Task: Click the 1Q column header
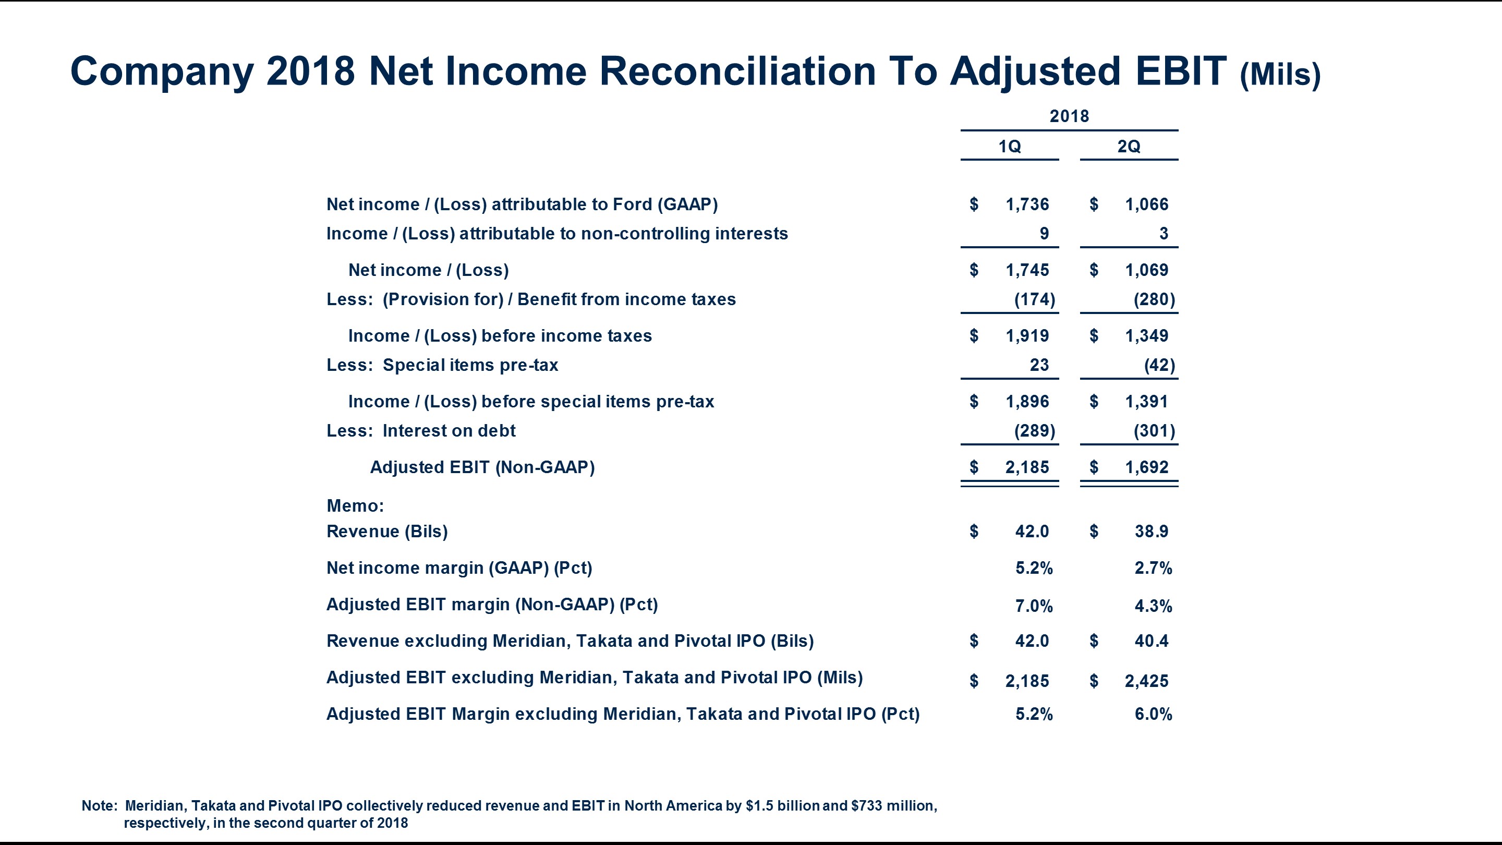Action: pyautogui.click(x=1009, y=146)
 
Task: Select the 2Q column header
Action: pyautogui.click(x=1128, y=146)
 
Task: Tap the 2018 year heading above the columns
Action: pyautogui.click(x=1069, y=116)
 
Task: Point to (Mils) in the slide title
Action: pyautogui.click(x=1280, y=74)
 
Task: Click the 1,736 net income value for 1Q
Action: pyautogui.click(x=1027, y=204)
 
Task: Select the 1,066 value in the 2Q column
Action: pyautogui.click(x=1146, y=204)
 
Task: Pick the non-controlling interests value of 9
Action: pyautogui.click(x=1044, y=233)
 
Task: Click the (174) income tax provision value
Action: pyautogui.click(x=1034, y=299)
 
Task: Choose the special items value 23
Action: pyautogui.click(x=1039, y=365)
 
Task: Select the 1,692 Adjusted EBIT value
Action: pyautogui.click(x=1146, y=467)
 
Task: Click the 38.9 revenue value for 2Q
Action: pyautogui.click(x=1151, y=532)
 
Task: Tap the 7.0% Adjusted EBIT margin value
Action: pyautogui.click(x=1034, y=606)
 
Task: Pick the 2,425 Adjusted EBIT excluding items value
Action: pyautogui.click(x=1146, y=681)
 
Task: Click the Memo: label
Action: pyautogui.click(x=355, y=505)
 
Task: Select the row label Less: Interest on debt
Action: pyautogui.click(x=420, y=431)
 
